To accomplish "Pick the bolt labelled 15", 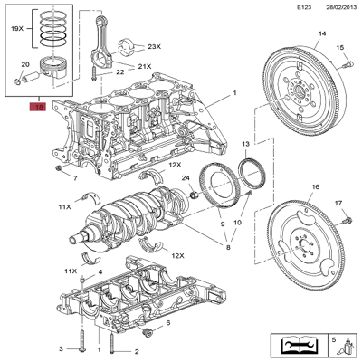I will point(345,62).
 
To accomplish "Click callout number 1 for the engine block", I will point(234,93).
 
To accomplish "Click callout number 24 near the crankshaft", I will point(185,178).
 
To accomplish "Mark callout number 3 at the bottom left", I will point(62,348).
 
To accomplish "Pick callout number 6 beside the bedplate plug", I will point(168,323).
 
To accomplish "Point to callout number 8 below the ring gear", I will point(228,246).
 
